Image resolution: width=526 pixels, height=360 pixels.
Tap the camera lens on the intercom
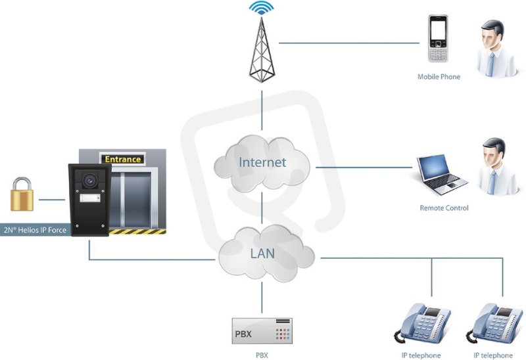click(89, 181)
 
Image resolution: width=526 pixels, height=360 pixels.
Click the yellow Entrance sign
click(122, 159)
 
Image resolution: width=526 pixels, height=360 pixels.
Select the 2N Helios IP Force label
click(35, 230)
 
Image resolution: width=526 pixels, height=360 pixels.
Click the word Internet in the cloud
click(262, 162)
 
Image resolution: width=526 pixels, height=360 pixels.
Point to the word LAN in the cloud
click(262, 254)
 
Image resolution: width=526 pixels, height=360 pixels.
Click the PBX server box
click(262, 331)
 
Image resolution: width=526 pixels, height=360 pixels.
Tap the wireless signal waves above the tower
click(262, 8)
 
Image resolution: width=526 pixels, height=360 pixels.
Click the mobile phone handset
click(438, 39)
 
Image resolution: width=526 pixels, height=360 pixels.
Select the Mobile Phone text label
click(439, 77)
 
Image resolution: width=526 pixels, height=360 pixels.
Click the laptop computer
click(442, 174)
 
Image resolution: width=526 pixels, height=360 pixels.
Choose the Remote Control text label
click(444, 208)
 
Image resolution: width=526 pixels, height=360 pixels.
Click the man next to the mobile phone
click(496, 49)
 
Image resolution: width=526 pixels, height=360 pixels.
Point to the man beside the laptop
click(497, 166)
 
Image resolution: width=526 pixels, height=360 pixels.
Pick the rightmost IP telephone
click(494, 323)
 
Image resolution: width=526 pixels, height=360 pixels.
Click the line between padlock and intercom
click(52, 200)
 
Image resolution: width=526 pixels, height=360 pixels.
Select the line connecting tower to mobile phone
click(349, 43)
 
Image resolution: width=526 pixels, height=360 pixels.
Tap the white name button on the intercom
click(90, 198)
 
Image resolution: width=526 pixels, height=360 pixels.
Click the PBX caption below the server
click(262, 355)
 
